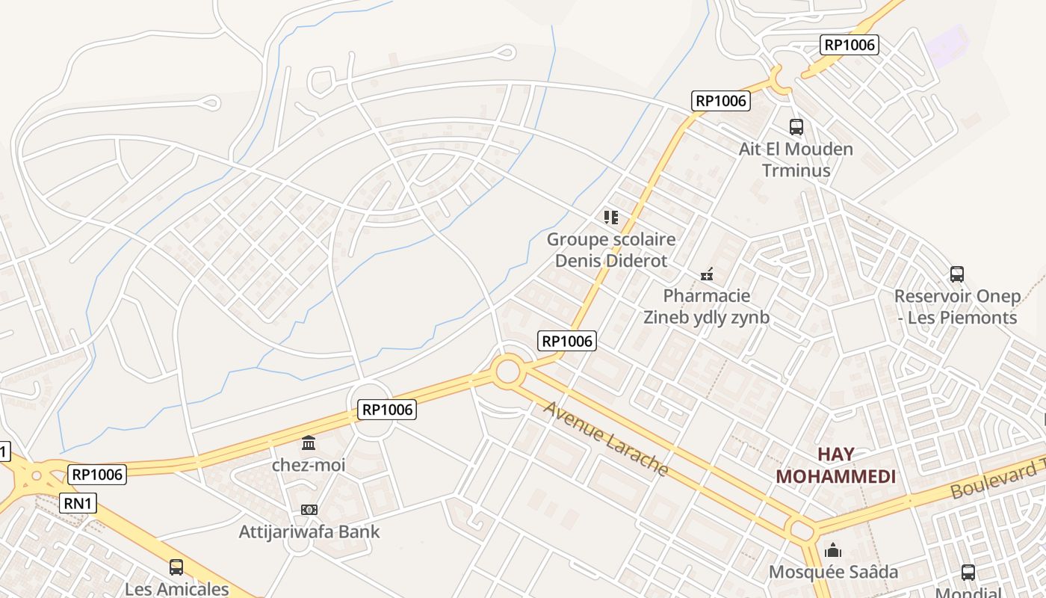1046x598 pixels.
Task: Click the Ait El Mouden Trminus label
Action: [796, 159]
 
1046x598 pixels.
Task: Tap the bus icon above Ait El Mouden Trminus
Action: [796, 127]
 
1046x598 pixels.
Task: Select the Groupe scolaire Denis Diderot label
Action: [611, 250]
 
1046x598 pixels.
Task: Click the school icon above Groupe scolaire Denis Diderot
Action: [611, 218]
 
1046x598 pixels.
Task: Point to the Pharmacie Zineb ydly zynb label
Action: [706, 306]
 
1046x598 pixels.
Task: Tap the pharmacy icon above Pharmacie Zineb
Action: [707, 274]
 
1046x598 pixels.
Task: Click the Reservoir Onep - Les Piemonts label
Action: [957, 306]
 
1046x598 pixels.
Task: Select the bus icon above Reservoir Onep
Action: [957, 274]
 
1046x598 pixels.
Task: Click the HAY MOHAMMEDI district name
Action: [835, 465]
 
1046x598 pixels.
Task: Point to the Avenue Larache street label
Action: [606, 438]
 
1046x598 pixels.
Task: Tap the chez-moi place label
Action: [309, 465]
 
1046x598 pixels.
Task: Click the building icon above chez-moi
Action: [309, 444]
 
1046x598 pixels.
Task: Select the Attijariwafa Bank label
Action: [309, 531]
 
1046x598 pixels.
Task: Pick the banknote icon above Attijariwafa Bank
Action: [309, 510]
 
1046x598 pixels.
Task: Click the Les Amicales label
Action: [177, 588]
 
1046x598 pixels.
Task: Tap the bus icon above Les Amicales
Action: [176, 567]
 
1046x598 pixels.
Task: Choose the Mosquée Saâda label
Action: [834, 573]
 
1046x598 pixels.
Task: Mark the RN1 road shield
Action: [78, 503]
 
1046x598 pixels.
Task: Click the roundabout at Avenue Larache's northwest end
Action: [507, 371]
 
